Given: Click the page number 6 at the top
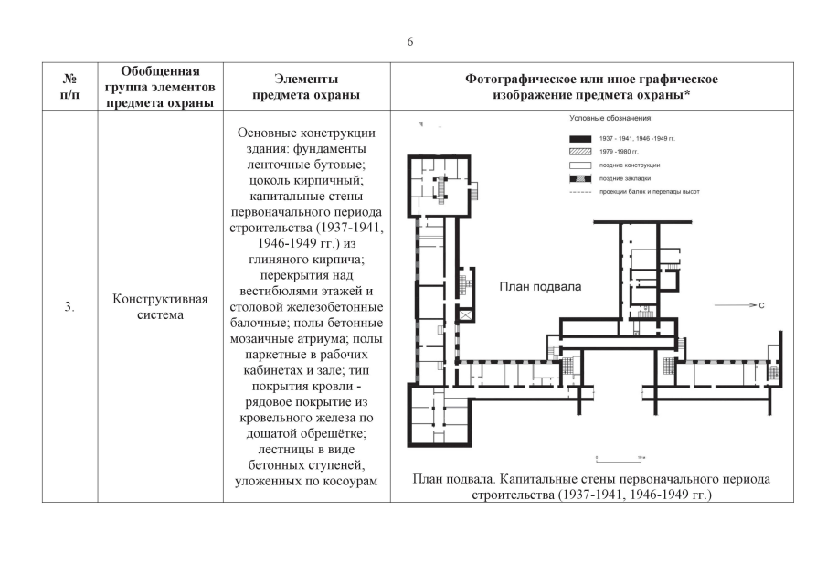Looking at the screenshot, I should [410, 42].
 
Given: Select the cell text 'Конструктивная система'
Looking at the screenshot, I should [160, 307].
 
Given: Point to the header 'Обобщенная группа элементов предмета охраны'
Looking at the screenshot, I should [160, 87].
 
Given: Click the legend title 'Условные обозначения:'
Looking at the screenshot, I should [610, 119].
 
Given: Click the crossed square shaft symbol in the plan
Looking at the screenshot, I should [468, 315].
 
